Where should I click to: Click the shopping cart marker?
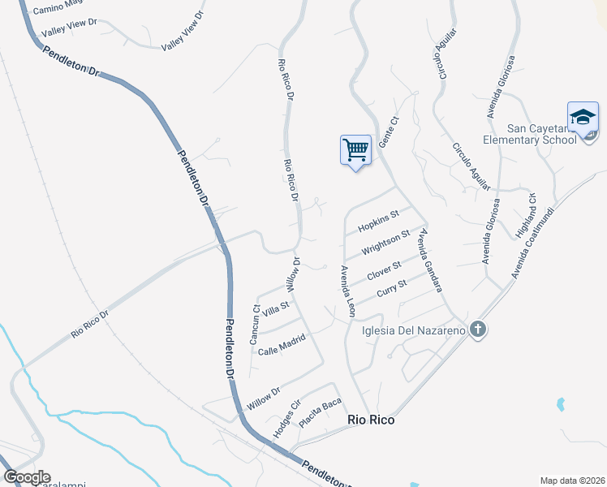[355, 150]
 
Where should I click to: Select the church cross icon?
[478, 330]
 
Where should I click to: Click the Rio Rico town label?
[371, 420]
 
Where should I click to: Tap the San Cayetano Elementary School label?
[541, 134]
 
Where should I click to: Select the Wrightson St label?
[385, 241]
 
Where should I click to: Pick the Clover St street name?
[384, 270]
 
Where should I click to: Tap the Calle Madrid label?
[281, 344]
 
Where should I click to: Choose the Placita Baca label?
[320, 413]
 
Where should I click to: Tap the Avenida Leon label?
[348, 291]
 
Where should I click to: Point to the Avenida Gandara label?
[431, 259]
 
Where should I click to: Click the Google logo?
[27, 477]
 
